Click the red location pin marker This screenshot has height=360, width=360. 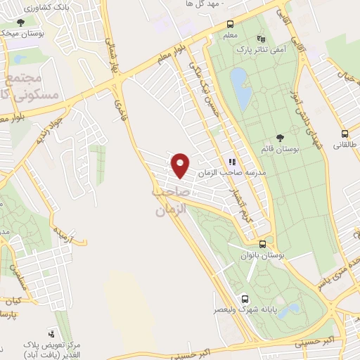(x=181, y=165)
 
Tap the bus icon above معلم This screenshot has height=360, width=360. (x=231, y=23)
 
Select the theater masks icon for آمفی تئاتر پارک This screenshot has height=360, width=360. (x=262, y=39)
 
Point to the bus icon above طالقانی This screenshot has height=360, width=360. (x=345, y=133)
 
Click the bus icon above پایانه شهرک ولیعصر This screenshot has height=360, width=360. (x=245, y=297)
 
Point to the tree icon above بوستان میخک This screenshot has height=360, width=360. (x=20, y=22)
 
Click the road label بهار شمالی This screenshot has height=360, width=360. (x=114, y=64)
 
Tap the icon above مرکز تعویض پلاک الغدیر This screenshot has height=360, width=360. (x=51, y=334)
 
